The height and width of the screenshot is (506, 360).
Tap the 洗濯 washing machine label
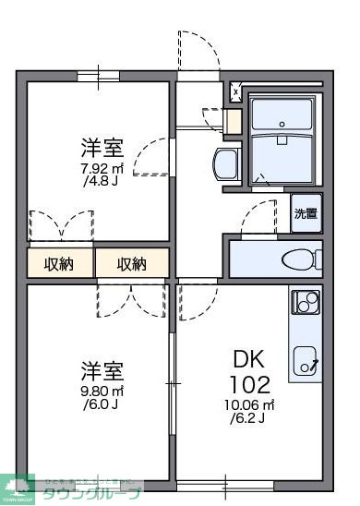tap(306, 214)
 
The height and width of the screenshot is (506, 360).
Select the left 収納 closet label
tap(60, 264)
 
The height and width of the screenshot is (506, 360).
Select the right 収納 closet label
tap(132, 264)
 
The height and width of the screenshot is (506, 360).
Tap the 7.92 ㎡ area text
tap(102, 169)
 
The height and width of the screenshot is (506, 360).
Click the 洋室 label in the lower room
tap(102, 371)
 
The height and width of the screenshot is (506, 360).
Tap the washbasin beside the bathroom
tap(224, 166)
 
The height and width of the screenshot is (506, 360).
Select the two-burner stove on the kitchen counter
tap(305, 301)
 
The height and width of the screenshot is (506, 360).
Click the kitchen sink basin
tap(306, 357)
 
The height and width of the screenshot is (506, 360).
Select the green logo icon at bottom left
tap(18, 488)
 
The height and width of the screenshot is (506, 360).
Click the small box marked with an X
tap(236, 93)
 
